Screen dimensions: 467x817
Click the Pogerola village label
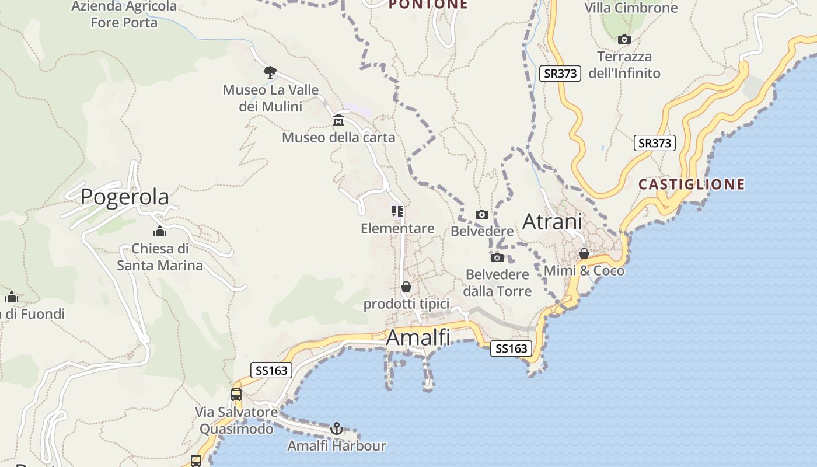pyautogui.click(x=125, y=197)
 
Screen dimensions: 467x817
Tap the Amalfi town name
pyautogui.click(x=418, y=337)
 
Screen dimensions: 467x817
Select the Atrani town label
pyautogui.click(x=552, y=222)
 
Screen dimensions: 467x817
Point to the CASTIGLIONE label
pyautogui.click(x=692, y=184)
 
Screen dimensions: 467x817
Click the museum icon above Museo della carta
pyautogui.click(x=338, y=121)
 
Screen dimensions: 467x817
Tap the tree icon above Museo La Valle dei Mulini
pyautogui.click(x=270, y=72)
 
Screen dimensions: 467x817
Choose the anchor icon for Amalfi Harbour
pyautogui.click(x=336, y=429)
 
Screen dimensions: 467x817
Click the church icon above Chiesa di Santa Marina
pyautogui.click(x=159, y=232)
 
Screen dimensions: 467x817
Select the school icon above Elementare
pyautogui.click(x=397, y=211)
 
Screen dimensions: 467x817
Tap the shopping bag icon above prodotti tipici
pyautogui.click(x=406, y=287)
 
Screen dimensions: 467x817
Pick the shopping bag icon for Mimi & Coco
pyautogui.click(x=584, y=254)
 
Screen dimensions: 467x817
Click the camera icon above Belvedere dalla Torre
pyautogui.click(x=497, y=257)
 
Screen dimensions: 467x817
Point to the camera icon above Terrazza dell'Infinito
pyautogui.click(x=624, y=40)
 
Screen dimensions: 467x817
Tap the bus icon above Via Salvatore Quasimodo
pyautogui.click(x=236, y=395)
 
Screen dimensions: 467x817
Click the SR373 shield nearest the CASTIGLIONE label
pyautogui.click(x=654, y=143)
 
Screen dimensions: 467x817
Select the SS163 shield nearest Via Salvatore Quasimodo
pyautogui.click(x=271, y=370)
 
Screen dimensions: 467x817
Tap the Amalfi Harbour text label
pyautogui.click(x=336, y=447)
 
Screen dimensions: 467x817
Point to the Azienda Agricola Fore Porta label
pyautogui.click(x=124, y=15)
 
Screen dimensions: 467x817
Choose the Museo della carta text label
pyautogui.click(x=338, y=138)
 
